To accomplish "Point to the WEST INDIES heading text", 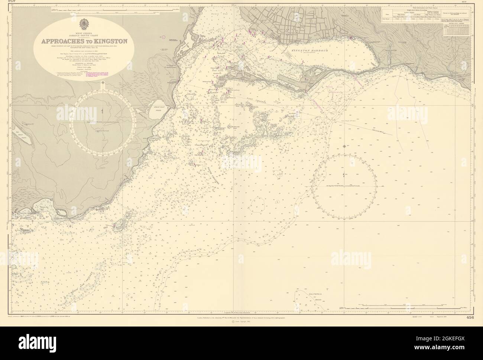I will click(x=85, y=32).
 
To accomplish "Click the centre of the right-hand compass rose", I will click(x=344, y=185).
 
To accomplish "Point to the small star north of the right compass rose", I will click(x=346, y=146).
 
